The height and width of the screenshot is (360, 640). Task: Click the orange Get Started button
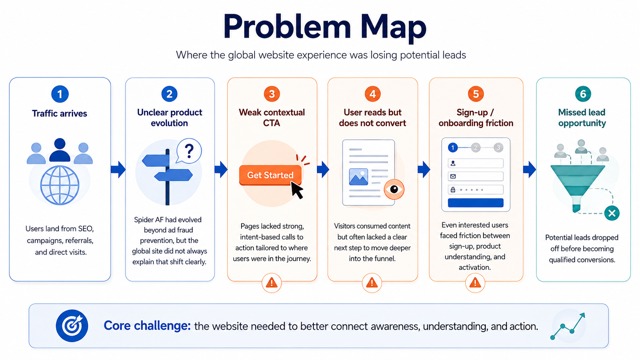270,175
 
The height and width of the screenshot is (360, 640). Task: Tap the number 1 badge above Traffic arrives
60,94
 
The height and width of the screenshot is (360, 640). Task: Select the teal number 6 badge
583,94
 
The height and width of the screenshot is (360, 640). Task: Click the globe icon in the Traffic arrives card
60,186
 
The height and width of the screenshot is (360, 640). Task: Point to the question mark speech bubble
189,151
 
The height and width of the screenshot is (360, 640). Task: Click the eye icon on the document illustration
394,189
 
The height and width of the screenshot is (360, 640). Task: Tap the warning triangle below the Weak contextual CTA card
271,283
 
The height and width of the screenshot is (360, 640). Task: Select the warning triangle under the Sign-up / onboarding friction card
475,283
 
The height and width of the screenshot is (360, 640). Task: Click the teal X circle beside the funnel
612,213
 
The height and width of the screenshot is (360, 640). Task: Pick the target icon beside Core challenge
72,326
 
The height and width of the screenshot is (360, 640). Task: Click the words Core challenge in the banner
147,326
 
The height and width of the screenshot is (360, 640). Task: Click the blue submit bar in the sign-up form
475,203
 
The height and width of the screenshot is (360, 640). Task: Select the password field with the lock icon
475,189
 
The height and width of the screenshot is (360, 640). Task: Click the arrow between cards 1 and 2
118,169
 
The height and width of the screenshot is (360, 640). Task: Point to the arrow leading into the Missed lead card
529,169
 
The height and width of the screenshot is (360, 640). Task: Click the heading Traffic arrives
59,113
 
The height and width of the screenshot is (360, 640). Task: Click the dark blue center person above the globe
60,150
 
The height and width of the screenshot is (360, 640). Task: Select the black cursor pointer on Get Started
297,190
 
